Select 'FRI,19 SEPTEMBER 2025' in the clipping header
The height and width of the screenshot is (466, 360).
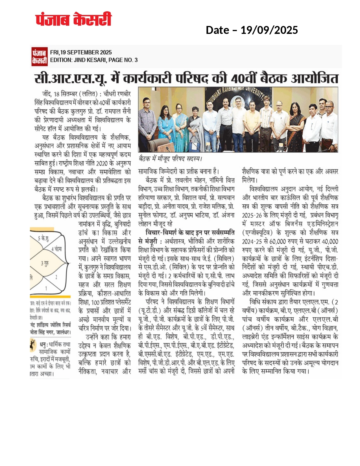81,52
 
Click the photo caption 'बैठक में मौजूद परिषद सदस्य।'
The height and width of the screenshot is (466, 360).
170,159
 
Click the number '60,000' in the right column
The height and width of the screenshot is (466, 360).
278,241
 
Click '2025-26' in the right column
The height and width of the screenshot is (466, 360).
252,215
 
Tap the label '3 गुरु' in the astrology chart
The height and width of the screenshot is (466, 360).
45,264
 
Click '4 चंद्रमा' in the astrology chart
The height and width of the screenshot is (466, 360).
56,249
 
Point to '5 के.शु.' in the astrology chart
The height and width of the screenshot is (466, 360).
43,239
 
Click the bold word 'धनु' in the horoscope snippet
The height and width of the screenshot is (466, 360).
43,344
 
